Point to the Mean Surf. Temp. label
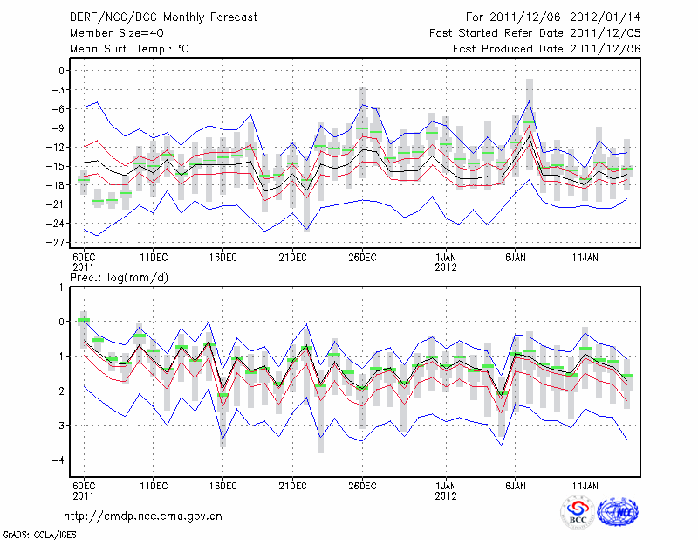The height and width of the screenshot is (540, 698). click(128, 48)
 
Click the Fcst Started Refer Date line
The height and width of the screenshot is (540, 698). click(535, 32)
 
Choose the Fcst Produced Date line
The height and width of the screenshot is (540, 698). click(546, 48)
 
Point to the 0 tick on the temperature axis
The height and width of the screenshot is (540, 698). click(62, 71)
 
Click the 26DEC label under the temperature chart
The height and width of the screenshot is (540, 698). click(362, 259)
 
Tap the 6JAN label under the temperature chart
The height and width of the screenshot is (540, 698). click(515, 259)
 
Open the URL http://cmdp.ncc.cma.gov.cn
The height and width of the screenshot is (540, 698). click(144, 516)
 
